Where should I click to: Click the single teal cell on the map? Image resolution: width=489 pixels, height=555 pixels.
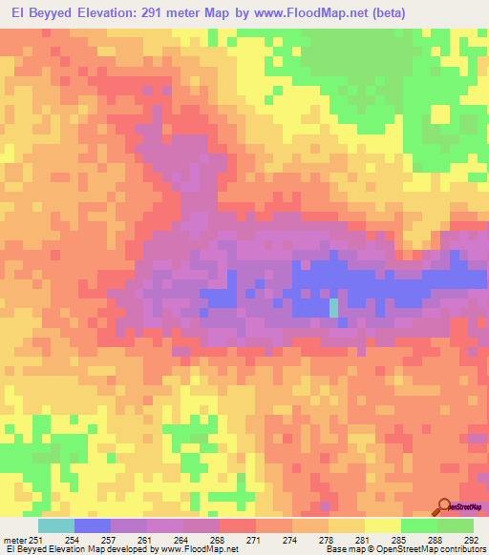(333, 308)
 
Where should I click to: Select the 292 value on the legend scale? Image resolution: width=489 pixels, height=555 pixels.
(472, 541)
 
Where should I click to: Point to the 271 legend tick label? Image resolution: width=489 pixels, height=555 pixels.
(254, 541)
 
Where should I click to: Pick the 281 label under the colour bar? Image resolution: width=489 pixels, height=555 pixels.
(363, 541)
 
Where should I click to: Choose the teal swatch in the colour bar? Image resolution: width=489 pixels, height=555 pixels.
(55, 525)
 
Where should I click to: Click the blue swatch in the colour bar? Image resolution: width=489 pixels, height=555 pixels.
(93, 525)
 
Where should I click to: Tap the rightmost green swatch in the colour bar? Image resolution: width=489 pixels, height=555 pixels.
(455, 525)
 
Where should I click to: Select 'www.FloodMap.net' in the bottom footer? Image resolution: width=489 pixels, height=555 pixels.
(200, 550)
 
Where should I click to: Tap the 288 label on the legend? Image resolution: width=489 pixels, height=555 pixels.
(436, 541)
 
